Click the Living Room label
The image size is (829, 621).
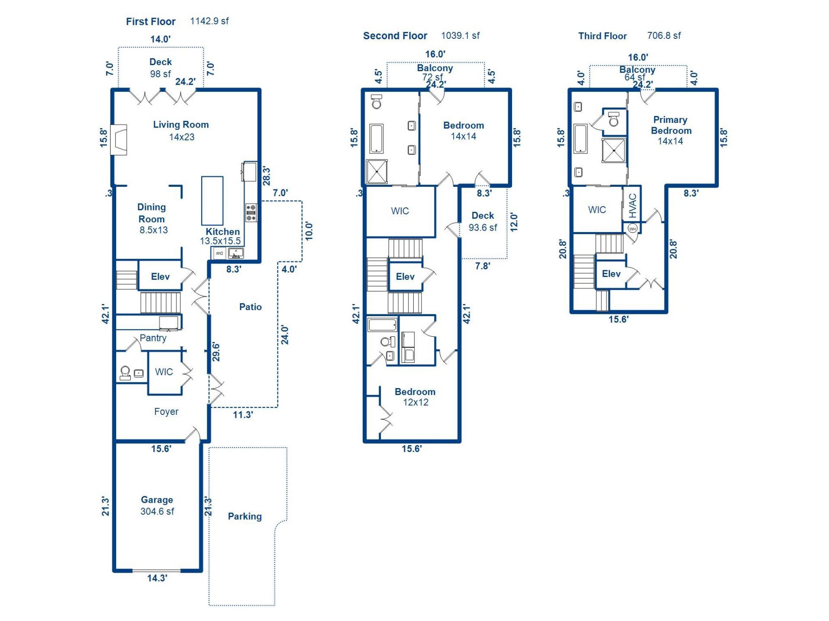(181, 125)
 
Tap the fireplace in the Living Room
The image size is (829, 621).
(118, 140)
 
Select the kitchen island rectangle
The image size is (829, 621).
(212, 201)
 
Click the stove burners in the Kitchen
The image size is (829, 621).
(251, 213)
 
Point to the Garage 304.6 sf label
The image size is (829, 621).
(157, 505)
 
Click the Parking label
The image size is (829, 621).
(244, 516)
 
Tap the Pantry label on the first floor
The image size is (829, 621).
(153, 338)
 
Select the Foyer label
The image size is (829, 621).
(166, 412)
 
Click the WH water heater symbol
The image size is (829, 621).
(633, 229)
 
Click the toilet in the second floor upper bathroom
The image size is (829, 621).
(377, 102)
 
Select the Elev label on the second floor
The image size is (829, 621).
(405, 277)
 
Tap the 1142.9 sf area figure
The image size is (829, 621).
(209, 21)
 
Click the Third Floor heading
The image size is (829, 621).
(602, 36)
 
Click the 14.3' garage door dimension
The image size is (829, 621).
(157, 578)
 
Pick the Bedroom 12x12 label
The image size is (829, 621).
(415, 397)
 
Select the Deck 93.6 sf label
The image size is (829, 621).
(483, 221)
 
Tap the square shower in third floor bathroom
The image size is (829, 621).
(614, 151)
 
